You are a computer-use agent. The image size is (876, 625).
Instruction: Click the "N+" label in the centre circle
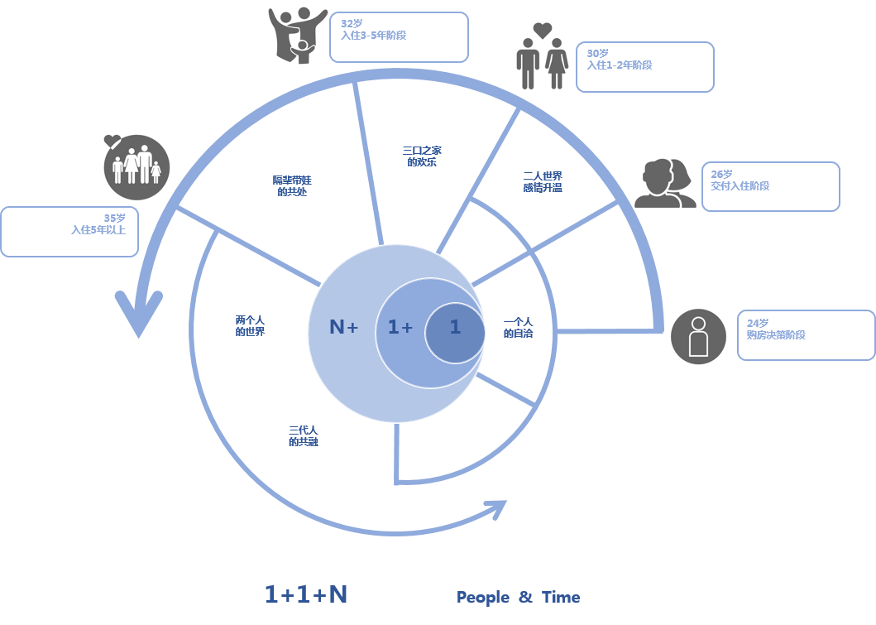343,327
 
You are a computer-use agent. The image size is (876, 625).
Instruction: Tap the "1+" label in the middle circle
400,328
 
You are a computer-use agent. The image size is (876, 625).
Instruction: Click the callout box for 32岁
399,37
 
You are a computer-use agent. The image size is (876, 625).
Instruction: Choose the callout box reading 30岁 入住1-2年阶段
644,67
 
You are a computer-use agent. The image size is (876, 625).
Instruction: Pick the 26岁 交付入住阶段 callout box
770,187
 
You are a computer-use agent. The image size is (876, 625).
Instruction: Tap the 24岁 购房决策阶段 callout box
805,335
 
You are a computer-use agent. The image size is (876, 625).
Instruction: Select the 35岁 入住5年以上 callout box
69,232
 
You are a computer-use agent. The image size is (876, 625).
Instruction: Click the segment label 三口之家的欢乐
422,156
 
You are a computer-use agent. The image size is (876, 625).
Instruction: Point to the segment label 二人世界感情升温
543,182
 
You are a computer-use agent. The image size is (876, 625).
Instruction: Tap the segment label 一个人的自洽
519,328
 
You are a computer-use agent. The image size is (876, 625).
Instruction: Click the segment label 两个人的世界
250,325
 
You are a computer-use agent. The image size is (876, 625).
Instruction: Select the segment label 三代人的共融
303,436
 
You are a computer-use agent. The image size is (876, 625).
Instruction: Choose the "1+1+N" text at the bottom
306,594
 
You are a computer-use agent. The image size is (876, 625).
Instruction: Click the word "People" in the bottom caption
483,598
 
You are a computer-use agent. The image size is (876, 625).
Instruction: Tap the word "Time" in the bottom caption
561,598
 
